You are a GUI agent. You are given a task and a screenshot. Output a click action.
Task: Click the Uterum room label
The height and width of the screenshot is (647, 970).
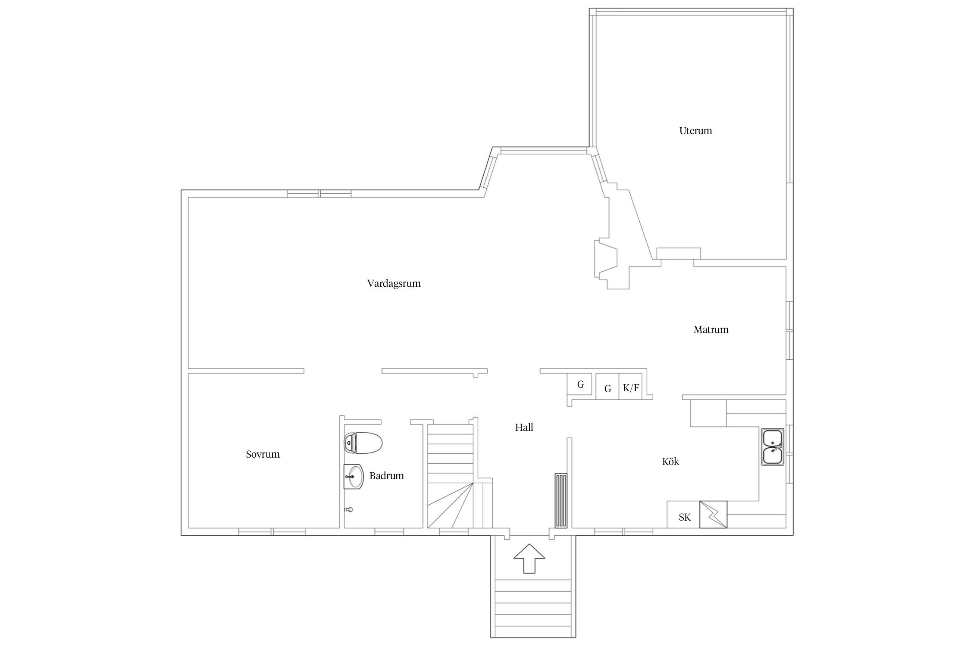pyautogui.click(x=695, y=131)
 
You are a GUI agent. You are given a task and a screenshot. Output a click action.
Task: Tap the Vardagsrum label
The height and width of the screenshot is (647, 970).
pyautogui.click(x=394, y=283)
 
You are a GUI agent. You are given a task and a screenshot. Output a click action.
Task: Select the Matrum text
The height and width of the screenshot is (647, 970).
pyautogui.click(x=711, y=330)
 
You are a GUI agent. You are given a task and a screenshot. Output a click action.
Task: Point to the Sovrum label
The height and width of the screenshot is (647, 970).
pyautogui.click(x=263, y=454)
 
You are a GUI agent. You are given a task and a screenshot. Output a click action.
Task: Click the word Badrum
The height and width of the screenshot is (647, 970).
pyautogui.click(x=386, y=476)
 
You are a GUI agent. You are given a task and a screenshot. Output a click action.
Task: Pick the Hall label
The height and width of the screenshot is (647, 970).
pyautogui.click(x=524, y=427)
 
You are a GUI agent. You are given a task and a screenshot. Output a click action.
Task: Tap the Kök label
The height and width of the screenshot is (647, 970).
pyautogui.click(x=670, y=462)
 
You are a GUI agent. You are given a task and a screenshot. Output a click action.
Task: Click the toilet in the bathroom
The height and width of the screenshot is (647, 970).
pyautogui.click(x=363, y=443)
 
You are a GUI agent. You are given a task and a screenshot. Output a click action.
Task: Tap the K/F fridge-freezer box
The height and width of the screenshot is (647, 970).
pyautogui.click(x=631, y=388)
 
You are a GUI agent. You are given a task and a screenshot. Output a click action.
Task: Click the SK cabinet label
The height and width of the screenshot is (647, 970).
pyautogui.click(x=684, y=517)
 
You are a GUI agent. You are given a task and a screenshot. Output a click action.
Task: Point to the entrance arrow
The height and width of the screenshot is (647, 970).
pyautogui.click(x=529, y=558)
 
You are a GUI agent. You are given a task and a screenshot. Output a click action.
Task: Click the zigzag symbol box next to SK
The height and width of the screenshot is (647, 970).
pyautogui.click(x=713, y=514)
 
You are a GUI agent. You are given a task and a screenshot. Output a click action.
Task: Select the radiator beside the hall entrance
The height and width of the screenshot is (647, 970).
pyautogui.click(x=561, y=500)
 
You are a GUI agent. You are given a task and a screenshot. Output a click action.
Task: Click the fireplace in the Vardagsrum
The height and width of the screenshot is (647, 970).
pyautogui.click(x=605, y=259)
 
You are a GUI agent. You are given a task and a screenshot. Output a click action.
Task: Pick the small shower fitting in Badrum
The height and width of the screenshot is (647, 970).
pyautogui.click(x=349, y=509)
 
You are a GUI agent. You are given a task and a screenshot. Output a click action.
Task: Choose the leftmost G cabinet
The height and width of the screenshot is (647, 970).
pyautogui.click(x=580, y=384)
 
